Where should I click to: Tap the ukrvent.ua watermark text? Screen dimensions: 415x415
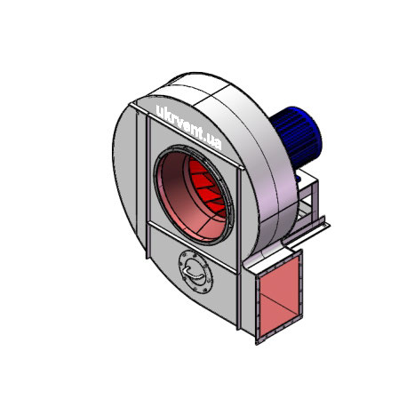(x=188, y=128)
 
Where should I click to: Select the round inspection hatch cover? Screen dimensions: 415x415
(x=196, y=272)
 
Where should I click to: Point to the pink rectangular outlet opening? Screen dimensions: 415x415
(x=280, y=297)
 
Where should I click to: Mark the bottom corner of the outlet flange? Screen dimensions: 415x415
(x=257, y=345)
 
